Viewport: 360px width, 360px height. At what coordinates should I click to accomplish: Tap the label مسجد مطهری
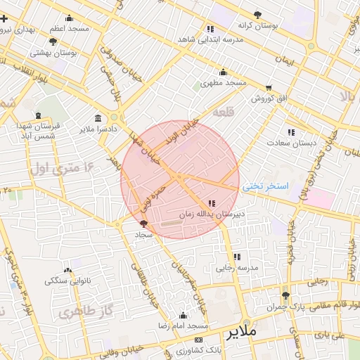click(x=223, y=83)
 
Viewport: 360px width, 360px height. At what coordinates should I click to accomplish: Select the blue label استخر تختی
click(x=266, y=187)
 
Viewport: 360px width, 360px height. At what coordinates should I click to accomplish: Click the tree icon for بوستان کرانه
click(x=258, y=14)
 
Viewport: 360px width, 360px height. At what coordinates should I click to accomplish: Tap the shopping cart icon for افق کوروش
click(x=269, y=88)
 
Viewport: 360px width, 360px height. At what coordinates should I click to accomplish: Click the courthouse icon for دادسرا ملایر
click(x=96, y=118)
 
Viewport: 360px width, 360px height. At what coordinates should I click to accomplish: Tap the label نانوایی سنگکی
click(x=68, y=281)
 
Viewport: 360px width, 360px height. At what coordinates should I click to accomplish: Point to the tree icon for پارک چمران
click(x=285, y=296)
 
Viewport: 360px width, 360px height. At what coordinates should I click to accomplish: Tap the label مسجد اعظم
click(x=69, y=29)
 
